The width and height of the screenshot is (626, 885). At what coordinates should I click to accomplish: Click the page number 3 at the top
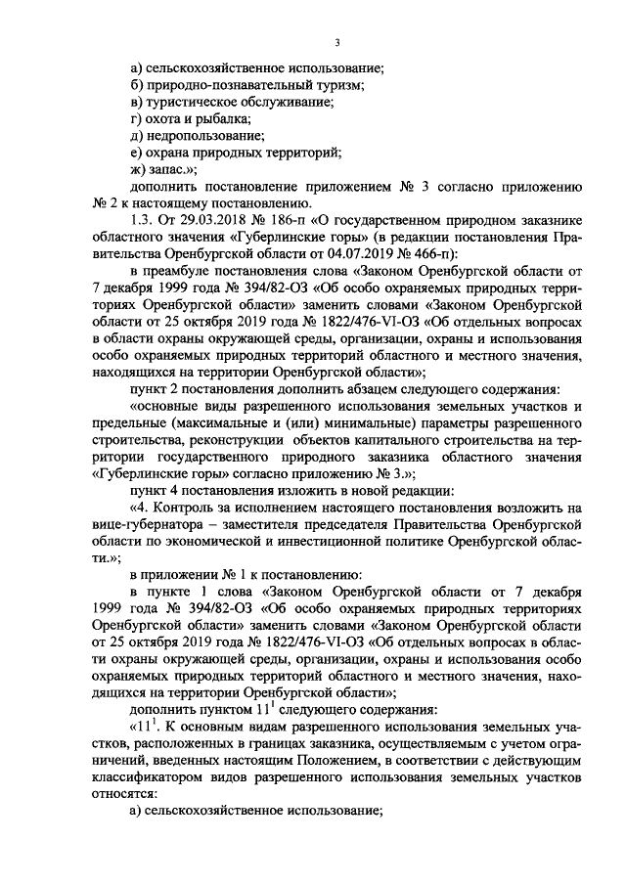(x=336, y=42)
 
